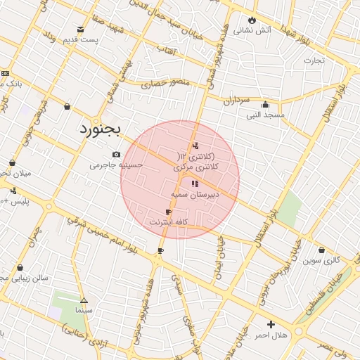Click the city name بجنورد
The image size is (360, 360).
tap(99, 129)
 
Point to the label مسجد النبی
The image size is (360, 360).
tap(266, 114)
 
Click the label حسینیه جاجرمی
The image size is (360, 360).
tap(116, 165)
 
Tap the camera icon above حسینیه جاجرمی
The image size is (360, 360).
tap(116, 155)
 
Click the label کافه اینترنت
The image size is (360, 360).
tap(168, 221)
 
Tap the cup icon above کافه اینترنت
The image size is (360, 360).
tap(168, 212)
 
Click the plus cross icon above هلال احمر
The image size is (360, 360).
tap(271, 324)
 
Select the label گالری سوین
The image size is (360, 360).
tap(321, 260)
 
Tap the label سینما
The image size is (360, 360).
tap(84, 309)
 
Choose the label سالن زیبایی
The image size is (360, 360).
tap(24, 278)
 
